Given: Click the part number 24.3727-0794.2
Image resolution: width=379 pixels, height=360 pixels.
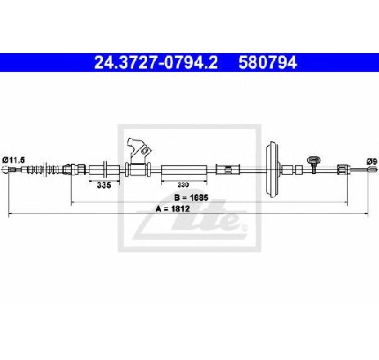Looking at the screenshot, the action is tap(156, 63).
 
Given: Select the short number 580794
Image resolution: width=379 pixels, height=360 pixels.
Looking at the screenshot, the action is tap(268, 63).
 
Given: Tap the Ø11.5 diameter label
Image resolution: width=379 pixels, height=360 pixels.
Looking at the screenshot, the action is tap(14, 160).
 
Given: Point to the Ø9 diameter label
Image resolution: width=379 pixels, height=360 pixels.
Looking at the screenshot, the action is tap(372, 162).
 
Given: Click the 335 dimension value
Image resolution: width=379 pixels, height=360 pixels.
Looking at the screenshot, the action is tap(104, 185).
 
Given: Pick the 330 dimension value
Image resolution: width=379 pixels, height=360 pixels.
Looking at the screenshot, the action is tap(183, 184).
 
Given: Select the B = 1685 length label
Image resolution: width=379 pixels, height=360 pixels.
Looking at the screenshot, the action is tap(191, 198).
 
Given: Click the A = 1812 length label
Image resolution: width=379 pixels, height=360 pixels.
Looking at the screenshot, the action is tap(172, 209).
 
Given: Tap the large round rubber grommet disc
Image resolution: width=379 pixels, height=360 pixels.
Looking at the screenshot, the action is tap(273, 169).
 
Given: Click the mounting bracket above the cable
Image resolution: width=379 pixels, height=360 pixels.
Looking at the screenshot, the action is tap(140, 151).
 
